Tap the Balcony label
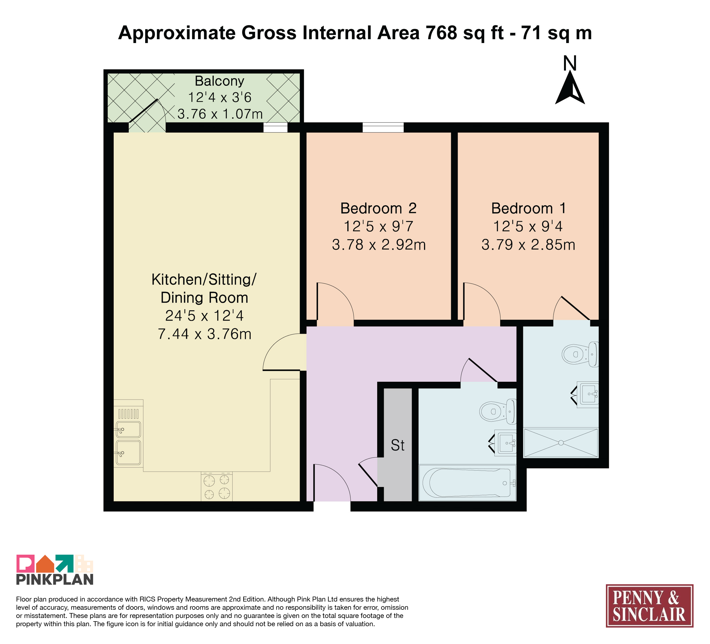(x=219, y=81)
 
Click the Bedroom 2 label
(x=379, y=208)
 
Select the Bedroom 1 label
(x=528, y=208)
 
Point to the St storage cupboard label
(x=398, y=445)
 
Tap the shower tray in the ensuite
(x=561, y=443)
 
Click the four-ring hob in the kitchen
(x=217, y=486)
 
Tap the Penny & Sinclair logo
(x=649, y=606)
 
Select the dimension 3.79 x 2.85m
(x=528, y=244)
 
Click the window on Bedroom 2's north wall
(x=383, y=127)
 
